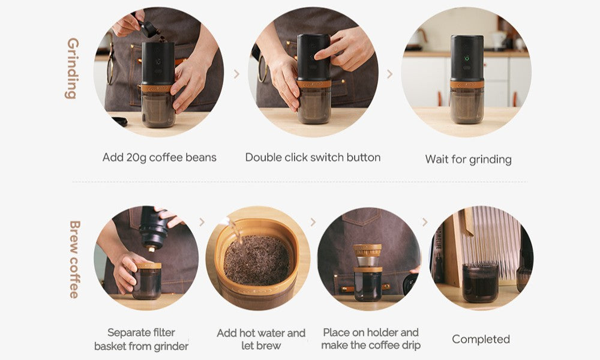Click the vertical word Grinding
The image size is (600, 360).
point(73,68)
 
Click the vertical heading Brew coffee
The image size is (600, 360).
point(74,259)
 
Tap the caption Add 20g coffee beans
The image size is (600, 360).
point(159,158)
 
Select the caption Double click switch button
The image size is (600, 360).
point(313,158)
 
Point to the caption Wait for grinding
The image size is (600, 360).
point(468,159)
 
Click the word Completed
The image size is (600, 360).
point(481,340)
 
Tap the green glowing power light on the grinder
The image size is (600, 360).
point(467,59)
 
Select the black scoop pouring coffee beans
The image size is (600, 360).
point(149,29)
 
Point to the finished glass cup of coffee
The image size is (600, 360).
point(480,282)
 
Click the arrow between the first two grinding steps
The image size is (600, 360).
point(236,74)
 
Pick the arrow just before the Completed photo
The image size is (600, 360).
point(424,222)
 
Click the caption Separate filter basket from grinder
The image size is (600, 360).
point(141,340)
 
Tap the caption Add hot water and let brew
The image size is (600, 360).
point(261,340)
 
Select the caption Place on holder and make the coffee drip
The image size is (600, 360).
point(371,339)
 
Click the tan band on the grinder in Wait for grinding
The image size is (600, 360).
point(467,84)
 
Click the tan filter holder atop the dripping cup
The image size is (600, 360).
point(367,250)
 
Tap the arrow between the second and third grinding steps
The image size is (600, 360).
point(389,74)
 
